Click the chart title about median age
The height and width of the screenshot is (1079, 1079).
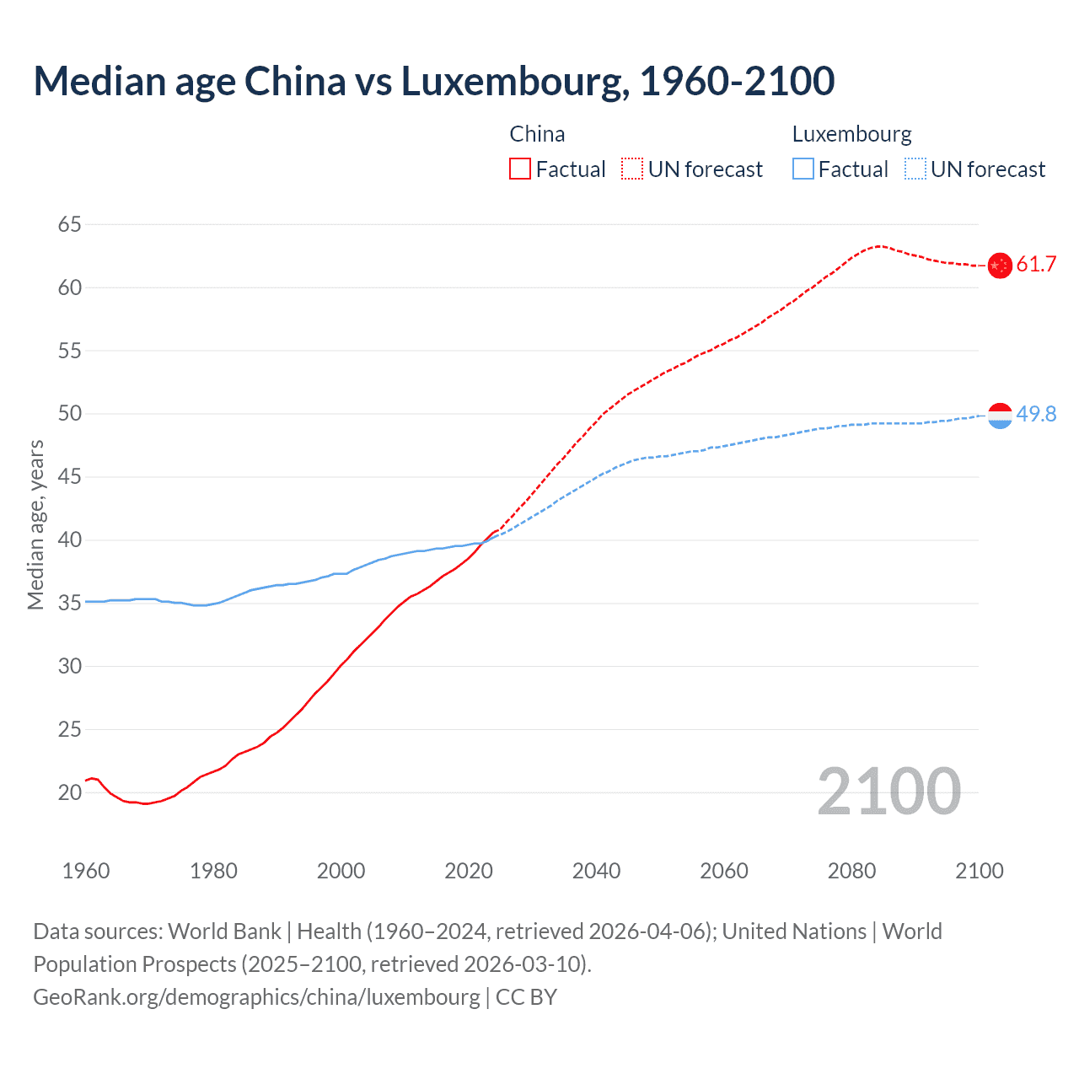(433, 81)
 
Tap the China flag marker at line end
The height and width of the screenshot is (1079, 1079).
(999, 266)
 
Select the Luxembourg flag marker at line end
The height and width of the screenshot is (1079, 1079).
(999, 415)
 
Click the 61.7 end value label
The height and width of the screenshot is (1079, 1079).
(1036, 265)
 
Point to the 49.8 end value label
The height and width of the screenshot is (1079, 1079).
(1036, 414)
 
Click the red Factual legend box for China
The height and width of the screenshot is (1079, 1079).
(520, 169)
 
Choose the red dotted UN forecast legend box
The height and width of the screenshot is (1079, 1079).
(632, 169)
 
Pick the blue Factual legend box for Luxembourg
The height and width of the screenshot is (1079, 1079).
(803, 169)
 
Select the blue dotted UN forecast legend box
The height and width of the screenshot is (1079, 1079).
(915, 169)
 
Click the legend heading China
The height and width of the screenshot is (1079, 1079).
(537, 134)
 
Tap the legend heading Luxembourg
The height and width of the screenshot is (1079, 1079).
(851, 134)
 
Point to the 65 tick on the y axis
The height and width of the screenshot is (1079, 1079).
(70, 224)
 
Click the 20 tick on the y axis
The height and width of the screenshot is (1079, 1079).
(70, 792)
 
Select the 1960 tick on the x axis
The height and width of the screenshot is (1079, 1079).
(86, 871)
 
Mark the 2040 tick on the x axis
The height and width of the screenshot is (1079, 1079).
(596, 871)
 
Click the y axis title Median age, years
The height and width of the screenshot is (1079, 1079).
(36, 524)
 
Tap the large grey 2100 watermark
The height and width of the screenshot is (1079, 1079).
(888, 791)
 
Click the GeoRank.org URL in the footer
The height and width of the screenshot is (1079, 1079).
(256, 997)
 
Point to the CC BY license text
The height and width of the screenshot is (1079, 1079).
(527, 997)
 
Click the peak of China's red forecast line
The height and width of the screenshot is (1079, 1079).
(879, 246)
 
